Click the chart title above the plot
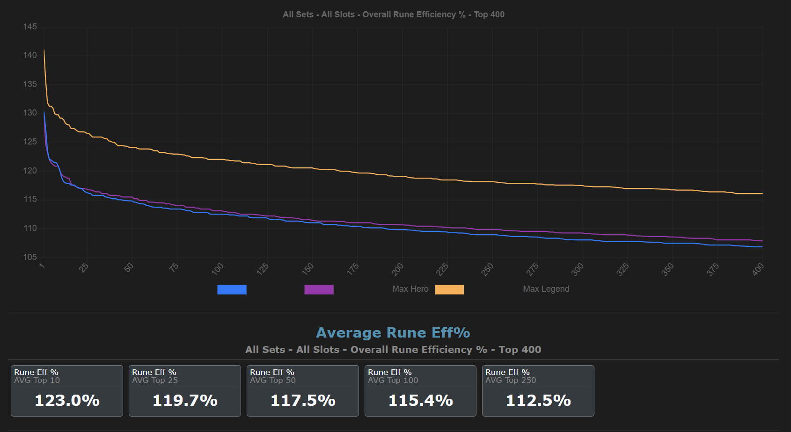(393, 14)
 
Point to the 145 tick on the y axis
(30, 27)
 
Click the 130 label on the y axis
(30, 113)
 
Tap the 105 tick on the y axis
(30, 257)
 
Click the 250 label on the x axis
(487, 269)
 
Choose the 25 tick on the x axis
(84, 268)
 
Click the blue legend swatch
(232, 289)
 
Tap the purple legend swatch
(319, 289)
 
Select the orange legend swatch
(449, 289)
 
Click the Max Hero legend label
(410, 289)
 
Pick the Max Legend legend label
(546, 289)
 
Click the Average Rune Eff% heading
(393, 333)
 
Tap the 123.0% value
(67, 401)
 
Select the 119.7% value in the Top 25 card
(185, 401)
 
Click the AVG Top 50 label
(273, 380)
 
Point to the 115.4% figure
(421, 401)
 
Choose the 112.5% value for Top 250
(539, 401)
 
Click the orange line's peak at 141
(44, 50)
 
